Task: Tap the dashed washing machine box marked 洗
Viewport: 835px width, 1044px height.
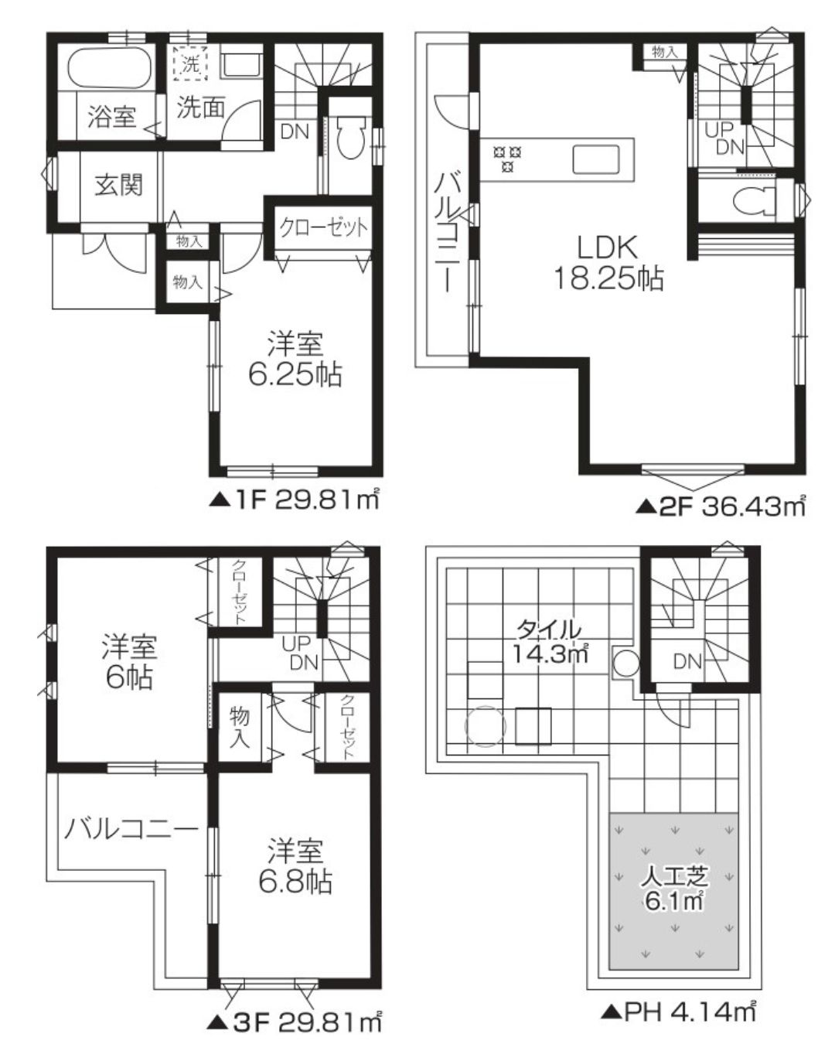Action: [190, 63]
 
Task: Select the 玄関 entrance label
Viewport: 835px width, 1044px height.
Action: [119, 185]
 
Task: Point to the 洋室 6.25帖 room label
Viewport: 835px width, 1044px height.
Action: [295, 360]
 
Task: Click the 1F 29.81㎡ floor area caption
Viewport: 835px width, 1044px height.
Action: [294, 500]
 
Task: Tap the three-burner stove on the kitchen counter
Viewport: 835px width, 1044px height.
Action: [507, 159]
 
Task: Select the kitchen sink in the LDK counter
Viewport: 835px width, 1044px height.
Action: [596, 159]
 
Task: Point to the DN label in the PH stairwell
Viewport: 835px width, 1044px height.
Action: [687, 660]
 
